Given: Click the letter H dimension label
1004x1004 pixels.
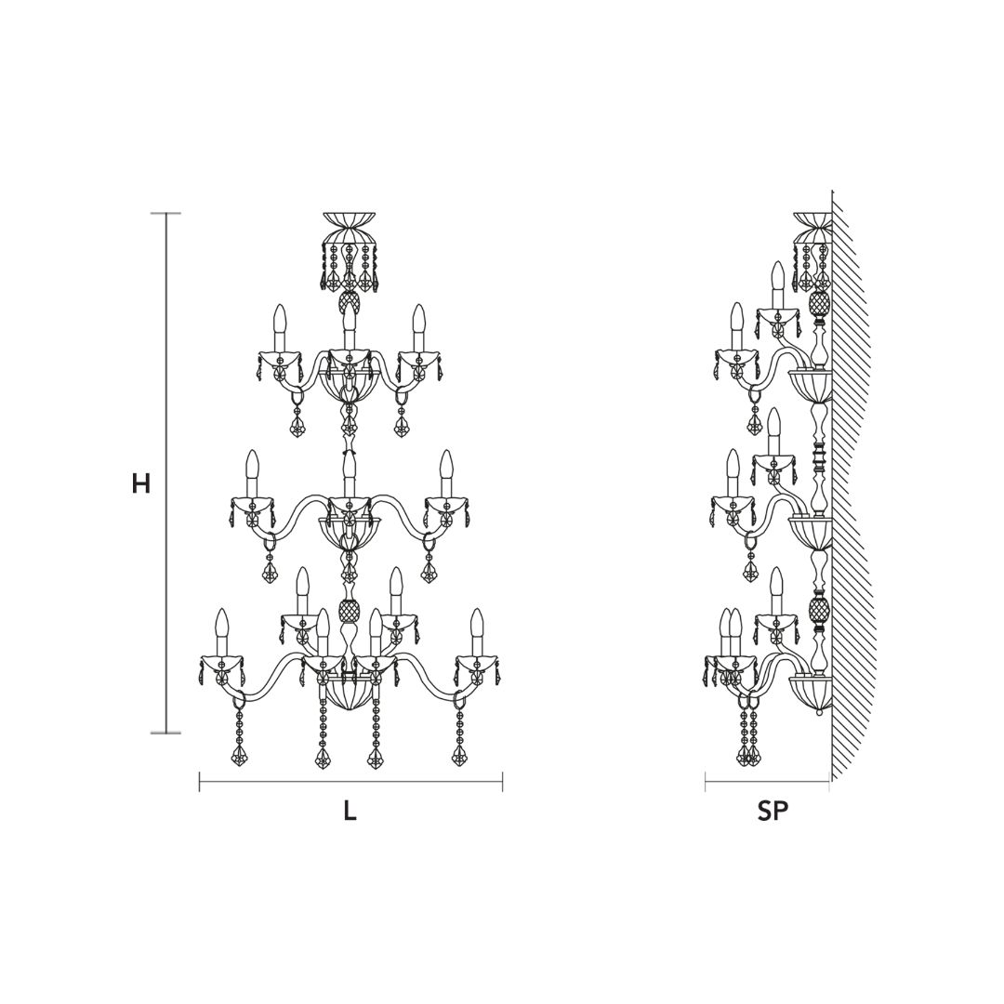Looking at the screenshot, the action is [141, 484].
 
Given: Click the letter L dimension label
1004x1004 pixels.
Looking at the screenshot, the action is [350, 812].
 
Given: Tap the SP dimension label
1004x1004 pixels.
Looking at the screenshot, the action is [773, 812].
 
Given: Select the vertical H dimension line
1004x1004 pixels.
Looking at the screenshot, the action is [167, 472].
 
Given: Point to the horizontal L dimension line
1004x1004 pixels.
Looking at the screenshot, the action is [350, 781].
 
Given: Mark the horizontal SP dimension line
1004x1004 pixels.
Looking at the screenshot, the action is [767, 781].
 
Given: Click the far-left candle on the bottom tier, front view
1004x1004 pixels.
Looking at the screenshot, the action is [221, 633].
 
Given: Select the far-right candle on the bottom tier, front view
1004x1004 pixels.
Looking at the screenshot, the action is [476, 633].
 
